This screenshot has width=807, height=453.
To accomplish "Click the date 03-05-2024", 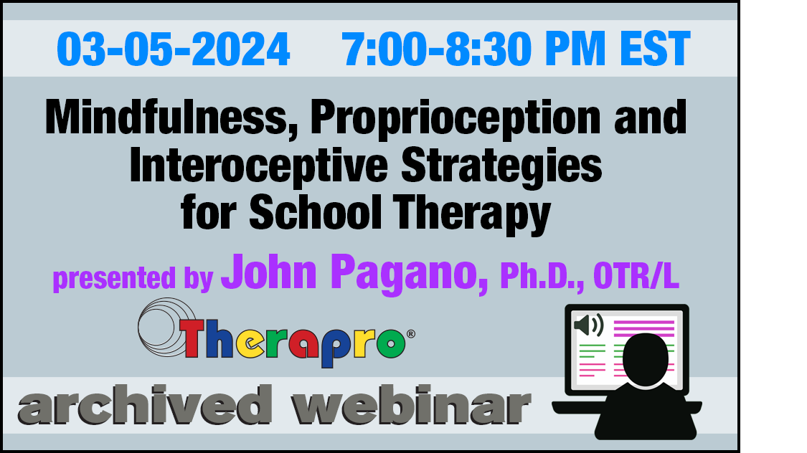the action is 174,49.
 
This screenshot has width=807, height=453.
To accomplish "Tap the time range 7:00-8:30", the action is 437,49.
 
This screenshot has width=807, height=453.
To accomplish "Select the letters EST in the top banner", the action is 655,49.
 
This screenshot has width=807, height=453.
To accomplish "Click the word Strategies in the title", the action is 501,166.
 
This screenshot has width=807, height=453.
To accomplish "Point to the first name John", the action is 269,272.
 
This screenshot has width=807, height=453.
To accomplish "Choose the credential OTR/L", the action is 636,276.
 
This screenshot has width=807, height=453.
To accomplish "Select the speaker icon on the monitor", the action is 588,325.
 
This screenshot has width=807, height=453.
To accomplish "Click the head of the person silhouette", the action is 646,359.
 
